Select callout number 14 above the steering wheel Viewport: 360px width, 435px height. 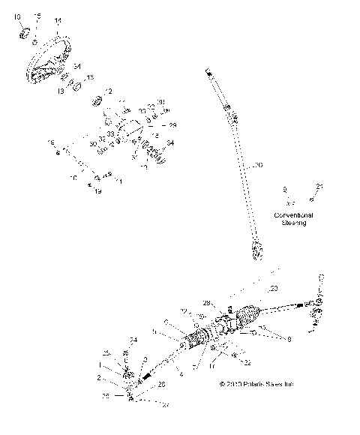[x=58, y=19]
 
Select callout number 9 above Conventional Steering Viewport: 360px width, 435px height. [x=284, y=190]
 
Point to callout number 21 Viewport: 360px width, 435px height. [x=319, y=187]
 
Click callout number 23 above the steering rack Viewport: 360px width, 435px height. [x=273, y=288]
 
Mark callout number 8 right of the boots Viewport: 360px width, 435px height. [x=282, y=339]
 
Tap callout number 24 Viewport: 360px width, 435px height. [x=134, y=340]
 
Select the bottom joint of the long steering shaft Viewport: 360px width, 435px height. [x=258, y=256]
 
